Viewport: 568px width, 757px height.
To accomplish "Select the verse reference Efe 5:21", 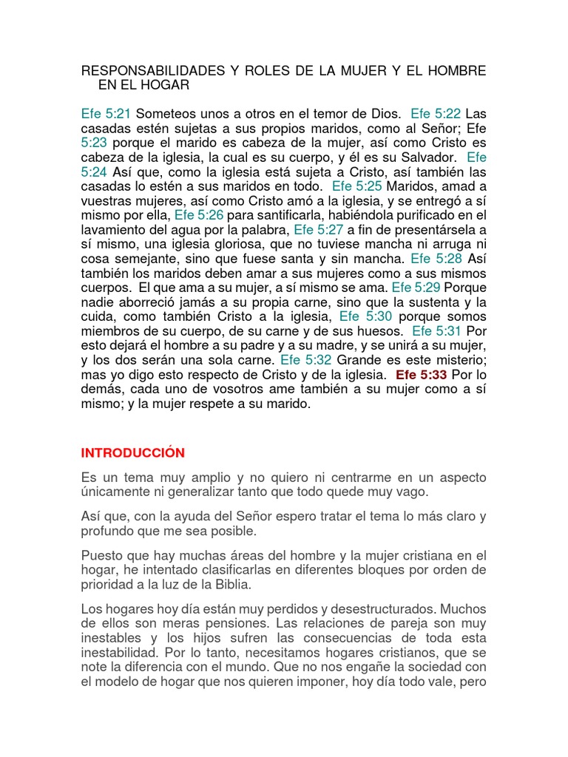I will click(x=106, y=114).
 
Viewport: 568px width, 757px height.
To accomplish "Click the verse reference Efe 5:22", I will click(x=436, y=114).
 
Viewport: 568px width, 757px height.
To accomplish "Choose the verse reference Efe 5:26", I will click(x=199, y=215).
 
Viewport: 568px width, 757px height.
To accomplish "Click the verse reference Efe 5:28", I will click(x=436, y=259).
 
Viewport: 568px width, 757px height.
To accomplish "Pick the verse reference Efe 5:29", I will click(x=416, y=288).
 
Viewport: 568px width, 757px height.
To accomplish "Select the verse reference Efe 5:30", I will click(x=364, y=316).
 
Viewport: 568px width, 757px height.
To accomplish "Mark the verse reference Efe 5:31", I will click(x=437, y=331).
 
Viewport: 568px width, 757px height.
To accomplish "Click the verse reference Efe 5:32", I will click(x=305, y=360).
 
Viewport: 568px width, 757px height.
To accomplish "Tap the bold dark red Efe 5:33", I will click(x=422, y=375).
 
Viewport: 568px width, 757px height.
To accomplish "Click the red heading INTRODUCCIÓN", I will click(x=132, y=452).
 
